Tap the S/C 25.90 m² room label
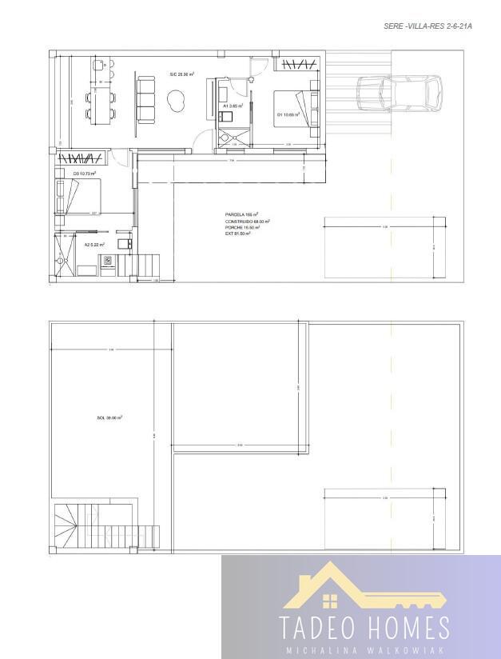tap(179, 74)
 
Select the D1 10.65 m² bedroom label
tap(288, 114)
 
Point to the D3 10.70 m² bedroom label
tap(84, 174)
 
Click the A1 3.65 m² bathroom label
tap(233, 106)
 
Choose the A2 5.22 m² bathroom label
tap(94, 245)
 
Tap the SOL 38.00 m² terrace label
tap(109, 417)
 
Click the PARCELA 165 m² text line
tap(241, 214)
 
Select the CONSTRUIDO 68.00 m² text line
tap(247, 221)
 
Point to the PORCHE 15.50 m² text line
tap(242, 227)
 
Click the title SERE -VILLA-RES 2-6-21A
tap(428, 26)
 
